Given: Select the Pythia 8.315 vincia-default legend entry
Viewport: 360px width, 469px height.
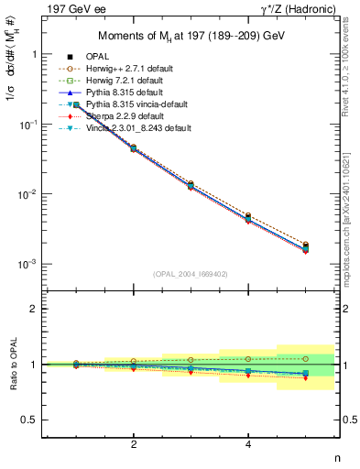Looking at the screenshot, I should (x=147, y=104).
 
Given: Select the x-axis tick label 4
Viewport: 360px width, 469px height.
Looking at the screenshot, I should (x=248, y=444).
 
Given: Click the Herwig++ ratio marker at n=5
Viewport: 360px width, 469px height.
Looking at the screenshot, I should (x=305, y=358).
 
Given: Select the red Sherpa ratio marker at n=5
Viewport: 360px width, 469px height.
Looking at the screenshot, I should (x=305, y=378).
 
